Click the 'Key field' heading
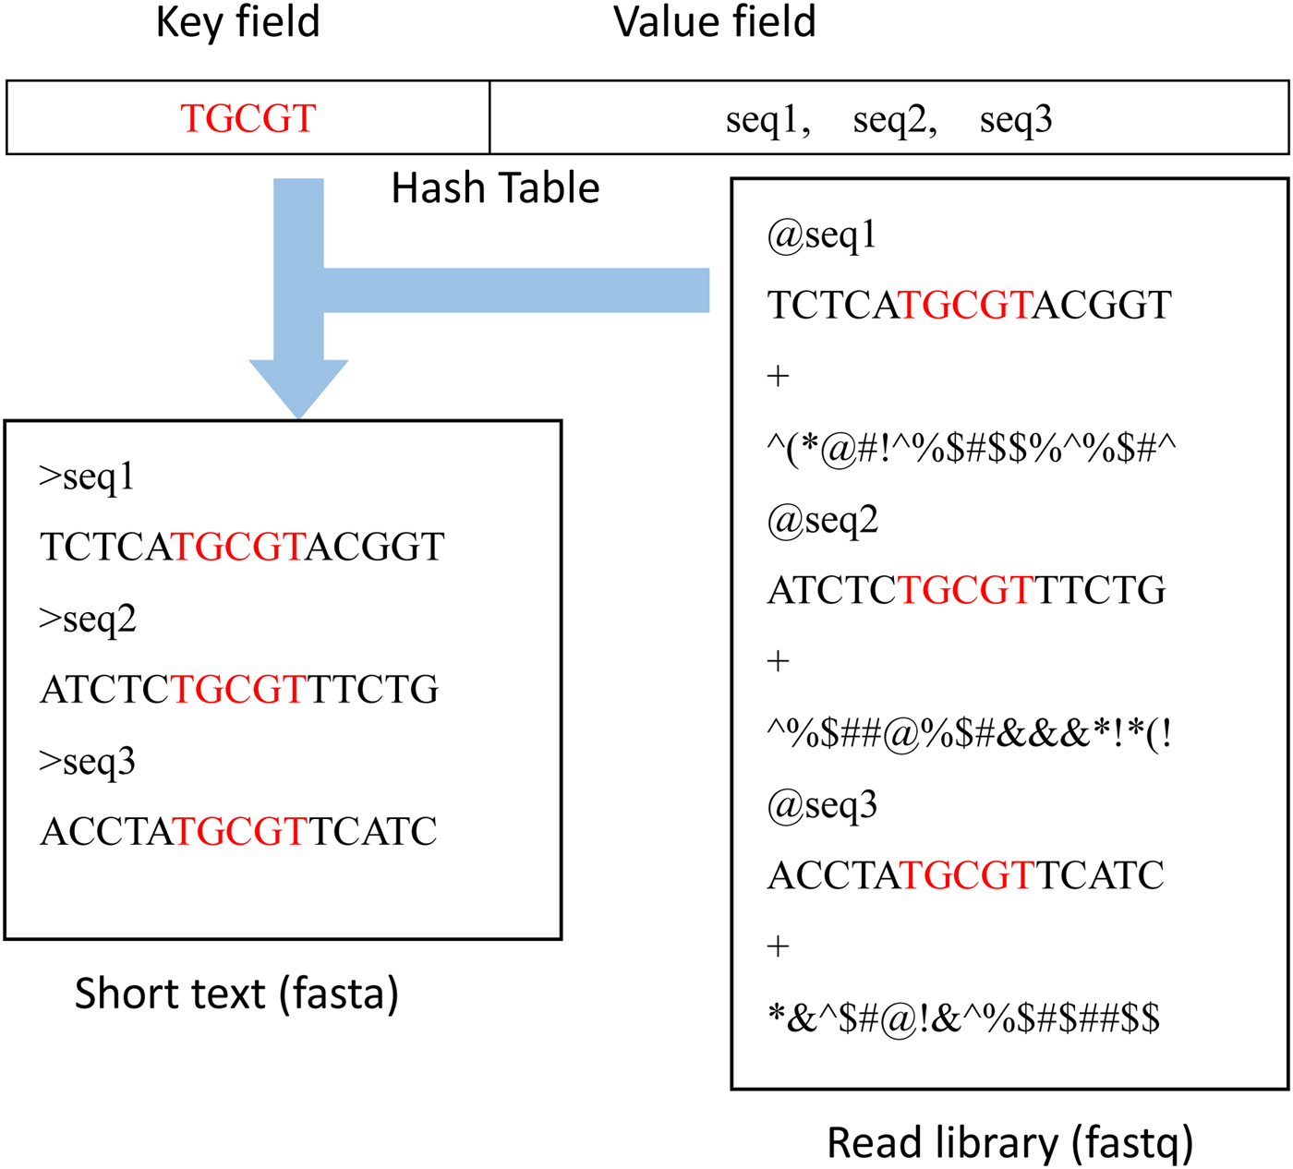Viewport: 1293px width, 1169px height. tap(237, 22)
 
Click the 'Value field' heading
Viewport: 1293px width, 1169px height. tap(714, 22)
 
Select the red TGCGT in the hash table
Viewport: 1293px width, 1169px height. tap(248, 119)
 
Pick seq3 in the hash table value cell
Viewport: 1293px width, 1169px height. tap(1015, 120)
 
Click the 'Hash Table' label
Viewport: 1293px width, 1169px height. tap(495, 188)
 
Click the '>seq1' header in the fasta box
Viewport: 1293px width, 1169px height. tap(87, 477)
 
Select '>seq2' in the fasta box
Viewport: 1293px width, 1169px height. tap(88, 620)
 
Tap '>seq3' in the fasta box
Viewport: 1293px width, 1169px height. tap(88, 762)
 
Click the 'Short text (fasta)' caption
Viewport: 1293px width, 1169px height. tap(236, 994)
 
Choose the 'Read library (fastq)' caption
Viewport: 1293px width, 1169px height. tap(1009, 1143)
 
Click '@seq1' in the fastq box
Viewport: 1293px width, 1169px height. tap(821, 236)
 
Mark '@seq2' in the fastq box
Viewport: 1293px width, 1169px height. tap(822, 522)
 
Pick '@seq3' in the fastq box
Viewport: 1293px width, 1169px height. tap(822, 806)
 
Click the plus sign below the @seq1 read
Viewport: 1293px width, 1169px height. tap(778, 377)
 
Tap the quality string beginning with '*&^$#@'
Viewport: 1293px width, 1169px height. tap(963, 1018)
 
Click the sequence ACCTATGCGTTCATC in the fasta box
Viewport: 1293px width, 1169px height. tap(238, 832)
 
